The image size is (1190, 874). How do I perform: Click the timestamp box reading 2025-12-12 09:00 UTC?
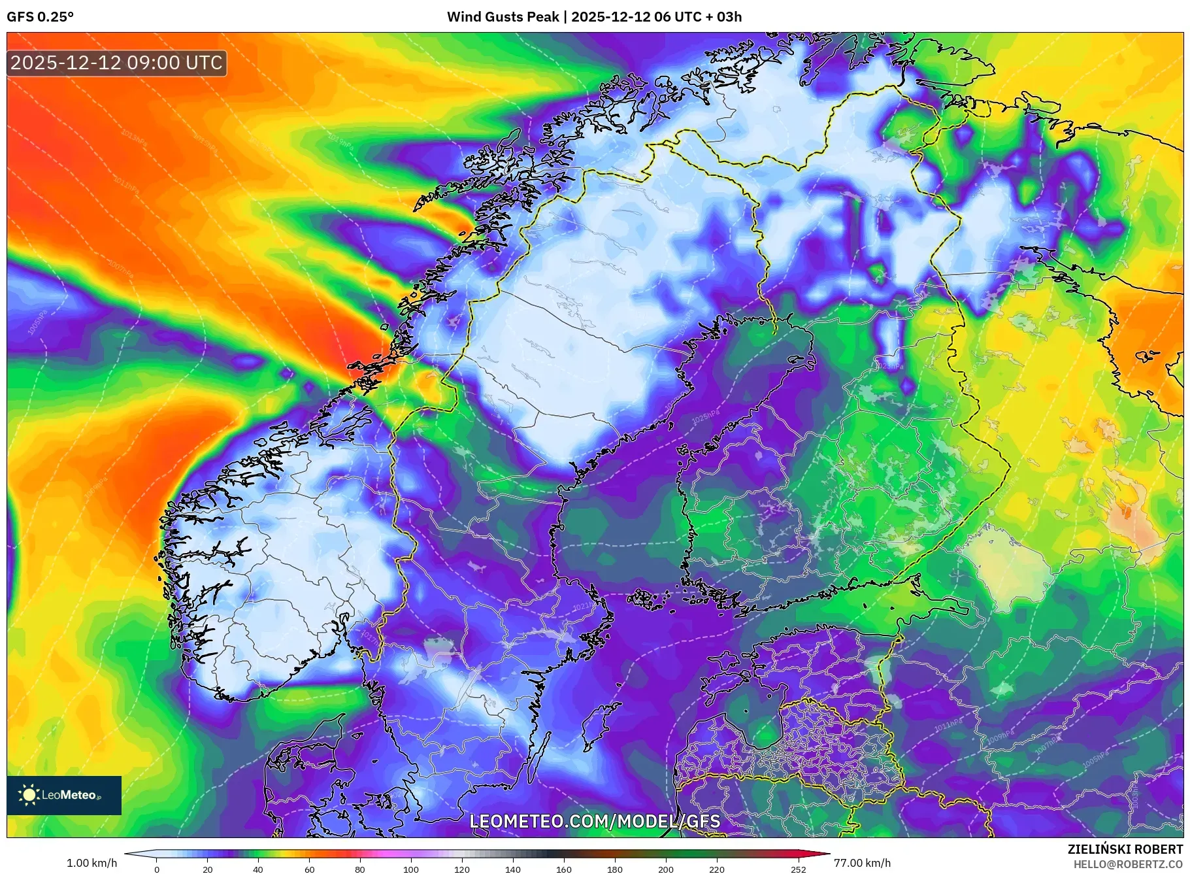point(116,63)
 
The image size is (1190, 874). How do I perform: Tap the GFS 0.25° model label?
point(40,17)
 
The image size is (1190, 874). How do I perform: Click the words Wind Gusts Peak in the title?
point(502,17)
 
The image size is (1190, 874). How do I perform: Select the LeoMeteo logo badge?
point(64,795)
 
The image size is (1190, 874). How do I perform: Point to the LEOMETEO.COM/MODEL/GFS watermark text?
point(595,821)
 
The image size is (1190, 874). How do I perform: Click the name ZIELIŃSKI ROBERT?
point(1125,849)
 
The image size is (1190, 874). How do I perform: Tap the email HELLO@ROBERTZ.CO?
point(1128,864)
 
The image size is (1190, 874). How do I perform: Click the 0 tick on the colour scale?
point(157,869)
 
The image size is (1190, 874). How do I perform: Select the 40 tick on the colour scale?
point(258,869)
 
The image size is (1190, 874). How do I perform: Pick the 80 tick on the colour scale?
point(359,869)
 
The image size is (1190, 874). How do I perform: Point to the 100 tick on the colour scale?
point(410,869)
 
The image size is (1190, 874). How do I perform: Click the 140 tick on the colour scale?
point(512,869)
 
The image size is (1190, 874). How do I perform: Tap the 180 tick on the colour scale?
point(614,869)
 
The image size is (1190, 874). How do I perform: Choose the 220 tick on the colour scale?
point(716,869)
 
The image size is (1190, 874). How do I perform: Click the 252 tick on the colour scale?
point(798,869)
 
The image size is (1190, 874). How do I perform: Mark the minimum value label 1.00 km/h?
point(91,863)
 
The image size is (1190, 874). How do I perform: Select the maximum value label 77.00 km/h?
point(862,863)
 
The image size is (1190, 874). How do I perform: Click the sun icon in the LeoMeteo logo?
point(29,795)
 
